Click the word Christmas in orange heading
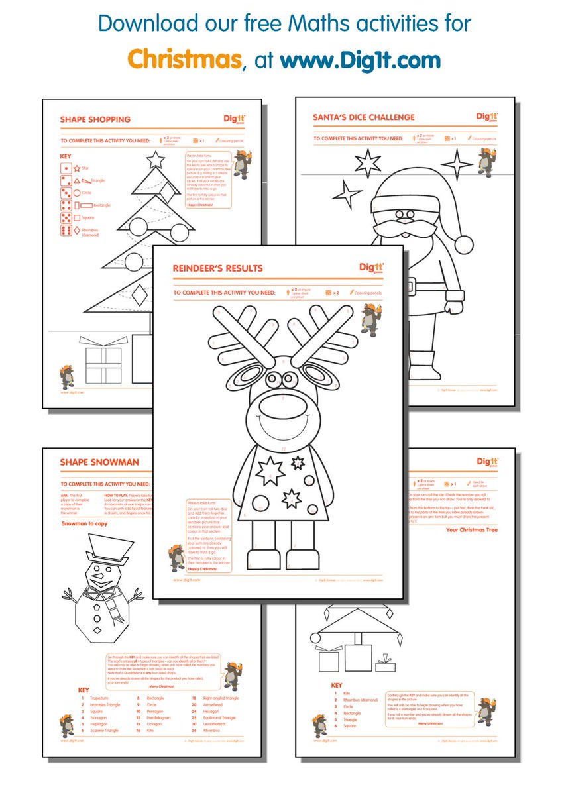[184, 59]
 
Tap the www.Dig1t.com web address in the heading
[360, 60]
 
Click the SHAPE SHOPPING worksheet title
[95, 119]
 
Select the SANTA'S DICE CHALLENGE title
[364, 117]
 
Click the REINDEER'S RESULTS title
[217, 268]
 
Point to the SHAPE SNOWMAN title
[99, 462]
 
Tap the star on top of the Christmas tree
[155, 160]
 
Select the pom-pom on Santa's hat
[463, 243]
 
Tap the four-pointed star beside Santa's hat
[457, 164]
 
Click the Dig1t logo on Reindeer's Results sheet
[371, 267]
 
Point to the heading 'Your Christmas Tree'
[472, 530]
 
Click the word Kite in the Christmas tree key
[347, 693]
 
